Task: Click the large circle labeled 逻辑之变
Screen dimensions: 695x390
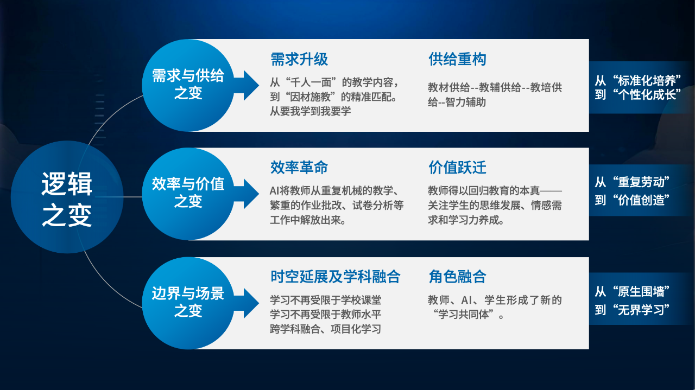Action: click(x=67, y=197)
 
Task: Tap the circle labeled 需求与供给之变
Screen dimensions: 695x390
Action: click(x=188, y=85)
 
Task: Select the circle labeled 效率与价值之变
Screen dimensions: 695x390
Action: click(x=188, y=194)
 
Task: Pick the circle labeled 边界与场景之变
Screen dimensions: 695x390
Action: click(x=188, y=303)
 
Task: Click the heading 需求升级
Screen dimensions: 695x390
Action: click(x=299, y=59)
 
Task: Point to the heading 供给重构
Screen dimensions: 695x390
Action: click(x=457, y=59)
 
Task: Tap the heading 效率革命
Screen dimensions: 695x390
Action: click(x=299, y=168)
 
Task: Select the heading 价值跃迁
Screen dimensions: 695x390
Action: click(x=457, y=168)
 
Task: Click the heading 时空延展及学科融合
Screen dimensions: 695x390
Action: click(x=336, y=277)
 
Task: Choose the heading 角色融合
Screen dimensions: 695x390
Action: click(x=457, y=277)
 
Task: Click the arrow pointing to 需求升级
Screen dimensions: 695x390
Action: click(x=247, y=85)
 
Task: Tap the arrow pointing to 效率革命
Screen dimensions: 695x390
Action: click(x=247, y=194)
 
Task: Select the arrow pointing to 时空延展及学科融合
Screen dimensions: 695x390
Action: click(x=247, y=303)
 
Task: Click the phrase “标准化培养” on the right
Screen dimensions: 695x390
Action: click(x=647, y=81)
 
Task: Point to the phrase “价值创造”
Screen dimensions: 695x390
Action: click(x=641, y=200)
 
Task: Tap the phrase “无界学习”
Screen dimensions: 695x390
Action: click(x=641, y=310)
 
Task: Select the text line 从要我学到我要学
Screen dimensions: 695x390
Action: click(x=310, y=111)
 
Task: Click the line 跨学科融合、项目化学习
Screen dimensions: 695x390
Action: click(x=325, y=329)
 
